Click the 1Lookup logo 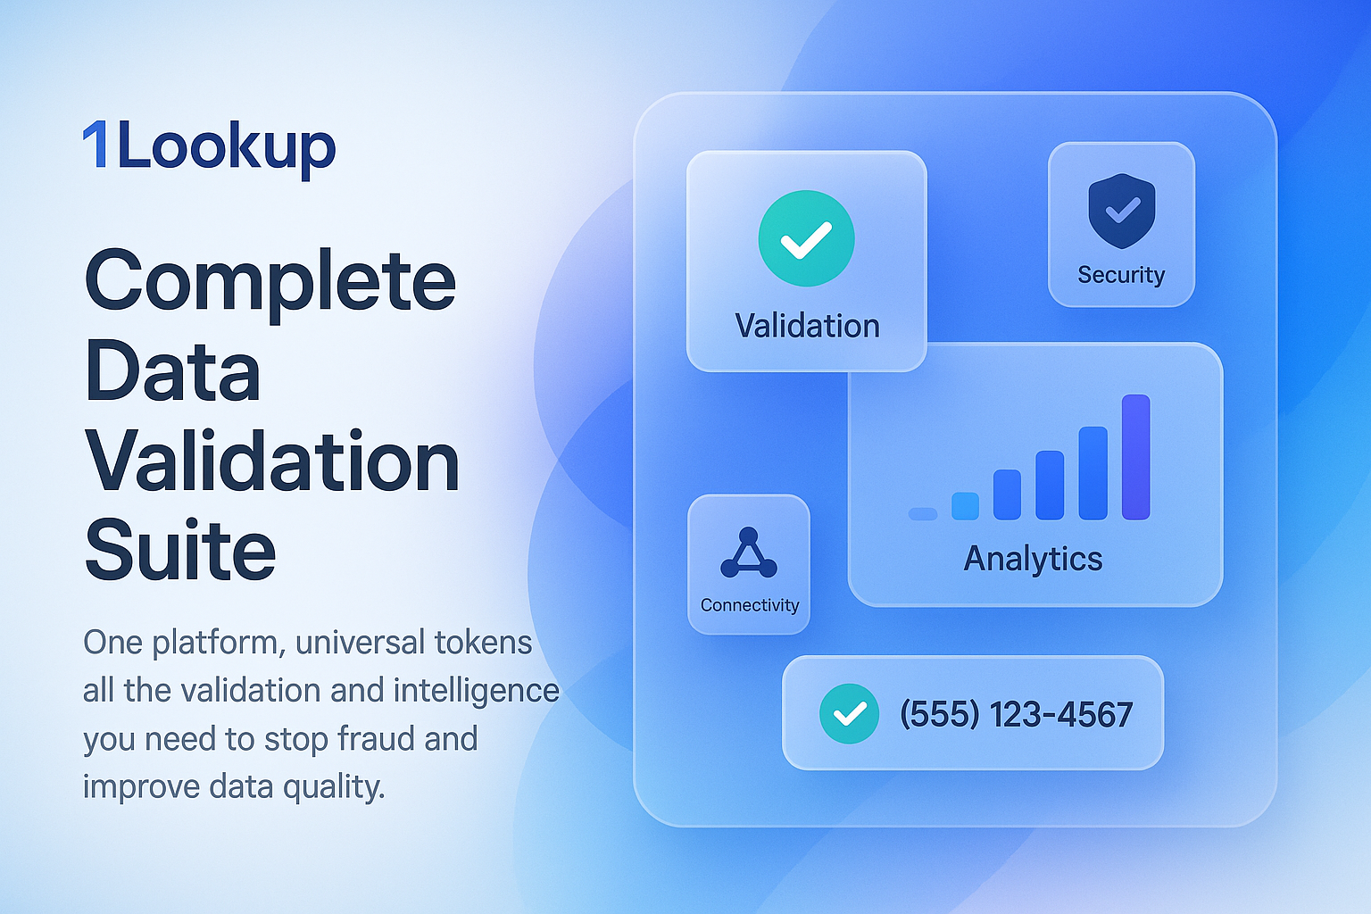209,146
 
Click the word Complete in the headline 270,280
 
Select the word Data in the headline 172,371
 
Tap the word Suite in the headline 180,550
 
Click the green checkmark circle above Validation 806,238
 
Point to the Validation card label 807,326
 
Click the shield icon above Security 1121,211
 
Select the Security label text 1121,275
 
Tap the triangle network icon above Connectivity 749,553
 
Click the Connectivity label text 750,605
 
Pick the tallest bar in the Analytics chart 1135,457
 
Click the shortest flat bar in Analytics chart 922,514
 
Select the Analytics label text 1033,559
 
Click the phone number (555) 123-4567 1016,714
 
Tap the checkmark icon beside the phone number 849,714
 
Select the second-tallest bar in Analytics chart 1093,473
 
